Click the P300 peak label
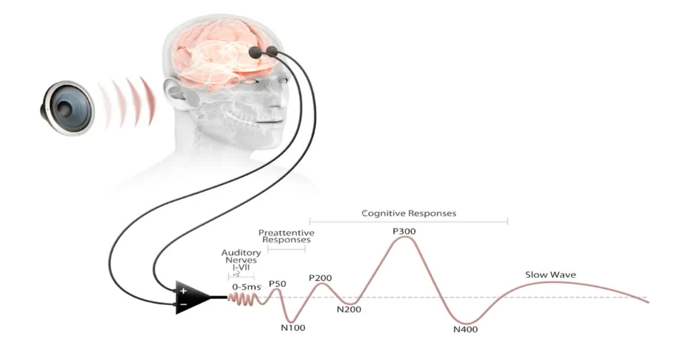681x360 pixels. [404, 232]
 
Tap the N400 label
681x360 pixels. [465, 330]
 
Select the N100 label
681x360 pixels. [293, 328]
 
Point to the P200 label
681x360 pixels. [320, 278]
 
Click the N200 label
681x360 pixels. [348, 310]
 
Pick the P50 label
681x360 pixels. [277, 284]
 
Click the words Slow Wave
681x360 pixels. [550, 275]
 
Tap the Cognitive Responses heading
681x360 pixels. [409, 213]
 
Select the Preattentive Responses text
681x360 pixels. [286, 237]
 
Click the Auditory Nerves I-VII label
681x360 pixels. [241, 260]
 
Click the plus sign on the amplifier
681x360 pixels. [183, 290]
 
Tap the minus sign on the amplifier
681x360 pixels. [183, 304]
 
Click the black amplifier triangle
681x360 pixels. [192, 298]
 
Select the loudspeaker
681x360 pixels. [67, 107]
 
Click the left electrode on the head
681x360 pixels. [255, 52]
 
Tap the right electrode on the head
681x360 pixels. [272, 52]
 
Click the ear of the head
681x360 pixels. [174, 91]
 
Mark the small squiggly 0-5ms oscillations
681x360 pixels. [243, 298]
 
